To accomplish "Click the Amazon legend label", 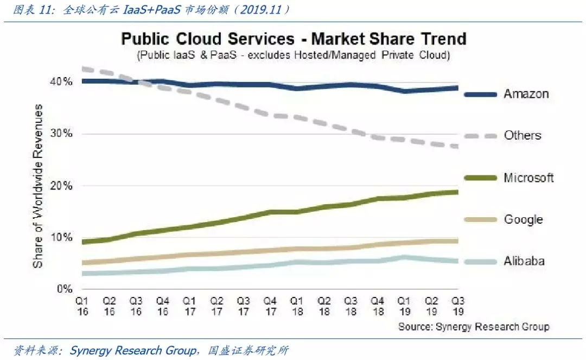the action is [x=526, y=94].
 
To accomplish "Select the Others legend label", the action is [x=523, y=135].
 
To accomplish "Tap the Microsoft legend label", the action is [x=528, y=178].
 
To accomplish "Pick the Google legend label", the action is [x=523, y=219].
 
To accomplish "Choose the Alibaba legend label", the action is [x=524, y=261].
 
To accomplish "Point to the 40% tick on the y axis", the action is [x=61, y=81].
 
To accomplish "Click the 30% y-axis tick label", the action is [x=61, y=134].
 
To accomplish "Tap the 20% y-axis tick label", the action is [x=61, y=185].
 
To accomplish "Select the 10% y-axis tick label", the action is [x=61, y=237].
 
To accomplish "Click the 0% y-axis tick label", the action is [x=65, y=289].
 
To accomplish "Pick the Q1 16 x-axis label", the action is [x=82, y=306].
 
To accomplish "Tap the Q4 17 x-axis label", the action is [x=270, y=306].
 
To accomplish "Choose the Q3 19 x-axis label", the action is [x=458, y=306].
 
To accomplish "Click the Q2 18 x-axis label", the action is [x=323, y=306].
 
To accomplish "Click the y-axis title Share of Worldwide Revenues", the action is [x=38, y=186].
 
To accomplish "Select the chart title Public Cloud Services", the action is [x=208, y=39].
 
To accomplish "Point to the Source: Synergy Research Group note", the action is [x=474, y=327].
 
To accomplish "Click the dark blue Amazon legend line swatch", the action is [x=480, y=94].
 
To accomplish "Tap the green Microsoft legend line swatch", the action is [x=480, y=178].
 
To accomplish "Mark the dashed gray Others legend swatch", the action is [x=480, y=136].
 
